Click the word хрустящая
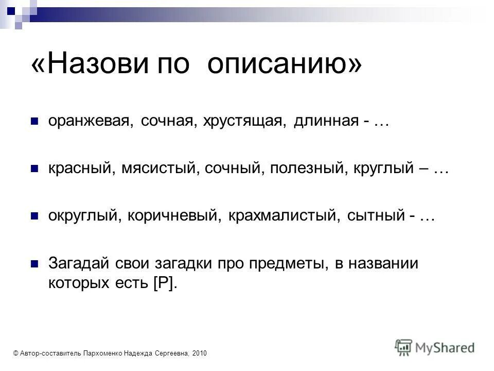pos(245,122)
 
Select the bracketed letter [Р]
pos(165,283)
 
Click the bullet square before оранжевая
pos(35,122)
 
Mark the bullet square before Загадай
pos(35,264)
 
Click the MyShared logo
pos(435,347)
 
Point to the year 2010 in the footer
pos(199,353)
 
